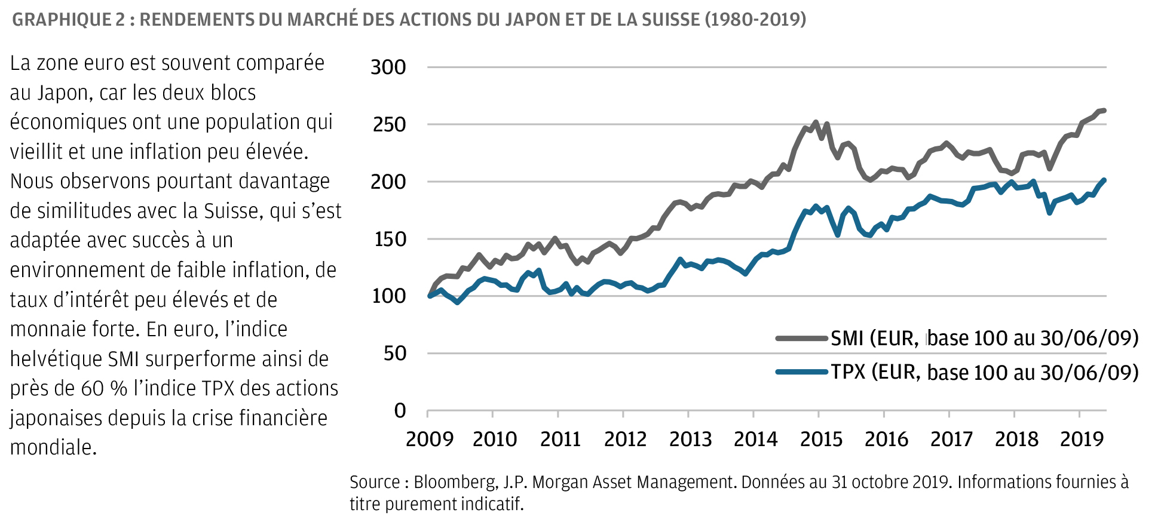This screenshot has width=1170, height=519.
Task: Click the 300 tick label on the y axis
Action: point(388,67)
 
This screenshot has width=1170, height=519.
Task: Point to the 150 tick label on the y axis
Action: point(390,239)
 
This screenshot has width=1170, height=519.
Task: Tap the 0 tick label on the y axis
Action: point(400,410)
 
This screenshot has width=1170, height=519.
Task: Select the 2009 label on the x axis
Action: point(429,440)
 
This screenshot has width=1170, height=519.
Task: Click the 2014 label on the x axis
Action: point(755,440)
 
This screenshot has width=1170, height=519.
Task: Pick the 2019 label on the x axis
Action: point(1082,440)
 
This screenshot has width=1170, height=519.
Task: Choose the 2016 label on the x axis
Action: point(886,440)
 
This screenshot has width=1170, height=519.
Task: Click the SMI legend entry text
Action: point(984,338)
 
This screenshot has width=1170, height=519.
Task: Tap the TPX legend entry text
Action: point(984,372)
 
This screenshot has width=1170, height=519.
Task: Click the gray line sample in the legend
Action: point(801,338)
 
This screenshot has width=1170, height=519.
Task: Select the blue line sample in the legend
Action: point(801,372)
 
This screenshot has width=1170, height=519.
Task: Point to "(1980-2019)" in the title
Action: point(755,20)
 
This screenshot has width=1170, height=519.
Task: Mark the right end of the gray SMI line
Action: point(1104,110)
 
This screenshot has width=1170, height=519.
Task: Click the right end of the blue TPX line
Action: point(1104,180)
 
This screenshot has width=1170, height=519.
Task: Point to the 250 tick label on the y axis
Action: point(389,124)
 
